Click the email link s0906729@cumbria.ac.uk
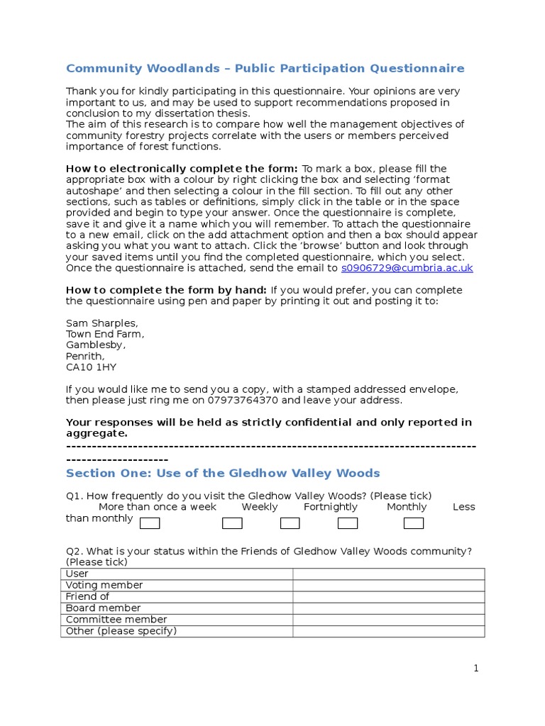(x=407, y=268)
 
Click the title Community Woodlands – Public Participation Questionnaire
(x=265, y=69)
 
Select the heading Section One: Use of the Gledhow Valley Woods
(x=223, y=473)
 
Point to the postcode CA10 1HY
(x=91, y=367)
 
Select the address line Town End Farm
(x=105, y=334)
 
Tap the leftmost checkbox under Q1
(x=150, y=524)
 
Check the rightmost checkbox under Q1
(x=414, y=524)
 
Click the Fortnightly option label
(x=331, y=507)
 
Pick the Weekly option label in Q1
(x=260, y=507)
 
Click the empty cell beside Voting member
(x=388, y=586)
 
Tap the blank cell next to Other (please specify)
(x=388, y=631)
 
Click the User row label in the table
(x=77, y=574)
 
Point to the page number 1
(x=477, y=668)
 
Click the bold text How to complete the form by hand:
(x=166, y=290)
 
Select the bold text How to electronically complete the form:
(x=182, y=169)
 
